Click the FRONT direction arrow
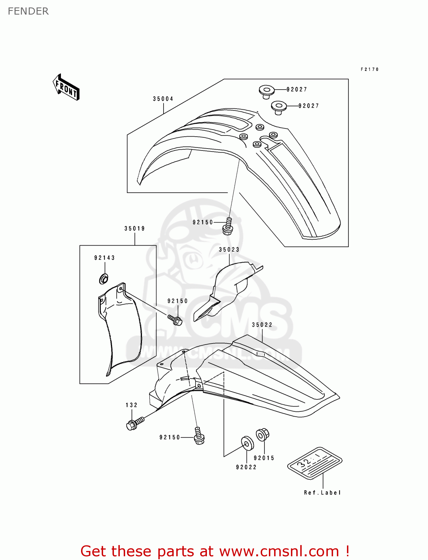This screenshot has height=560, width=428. click(x=66, y=87)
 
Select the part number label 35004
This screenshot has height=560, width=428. click(x=163, y=99)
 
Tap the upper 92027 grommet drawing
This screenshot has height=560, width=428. click(x=267, y=91)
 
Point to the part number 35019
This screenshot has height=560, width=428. click(x=135, y=228)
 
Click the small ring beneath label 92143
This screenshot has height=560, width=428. click(x=104, y=279)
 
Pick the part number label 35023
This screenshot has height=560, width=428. click(x=229, y=250)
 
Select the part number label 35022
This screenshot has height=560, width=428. click(x=262, y=325)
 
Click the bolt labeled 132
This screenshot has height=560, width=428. click(x=134, y=424)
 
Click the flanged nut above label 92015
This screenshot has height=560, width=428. click(x=262, y=435)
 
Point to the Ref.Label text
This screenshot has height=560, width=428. click(x=322, y=493)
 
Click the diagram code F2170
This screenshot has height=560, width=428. click(x=370, y=69)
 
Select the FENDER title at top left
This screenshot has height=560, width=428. click(x=28, y=11)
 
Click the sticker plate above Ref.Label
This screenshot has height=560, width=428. click(x=315, y=463)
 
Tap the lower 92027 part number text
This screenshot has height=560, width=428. click(x=309, y=106)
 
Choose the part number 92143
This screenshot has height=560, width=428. click(x=105, y=258)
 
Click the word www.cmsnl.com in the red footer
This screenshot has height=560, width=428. click(x=279, y=551)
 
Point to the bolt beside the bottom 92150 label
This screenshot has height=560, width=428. click(x=199, y=436)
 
